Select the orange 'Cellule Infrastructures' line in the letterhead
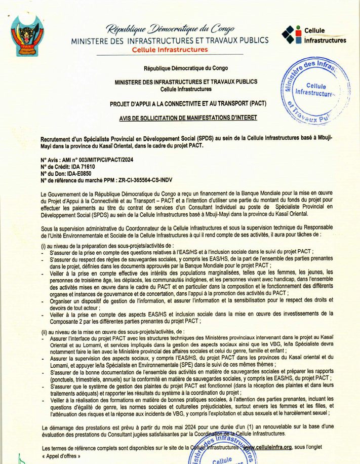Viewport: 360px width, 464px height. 169,50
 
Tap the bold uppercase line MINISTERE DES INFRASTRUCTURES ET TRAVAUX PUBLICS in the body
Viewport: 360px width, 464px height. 186,82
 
